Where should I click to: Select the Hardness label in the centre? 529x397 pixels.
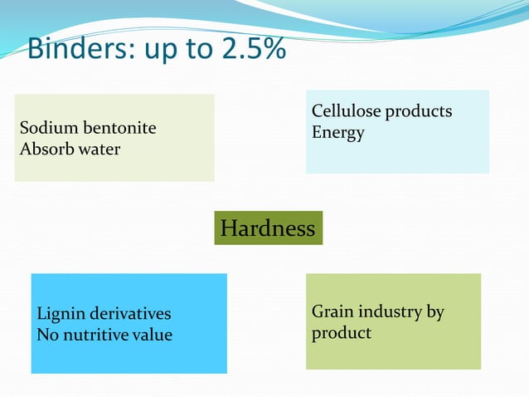[268, 228]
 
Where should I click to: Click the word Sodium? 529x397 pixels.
[46, 129]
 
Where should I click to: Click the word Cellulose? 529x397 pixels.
[347, 111]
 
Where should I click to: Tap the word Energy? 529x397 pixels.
[337, 132]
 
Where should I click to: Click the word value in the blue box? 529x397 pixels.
[154, 335]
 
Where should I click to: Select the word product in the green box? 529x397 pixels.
[342, 333]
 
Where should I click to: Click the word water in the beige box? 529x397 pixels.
[99, 149]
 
